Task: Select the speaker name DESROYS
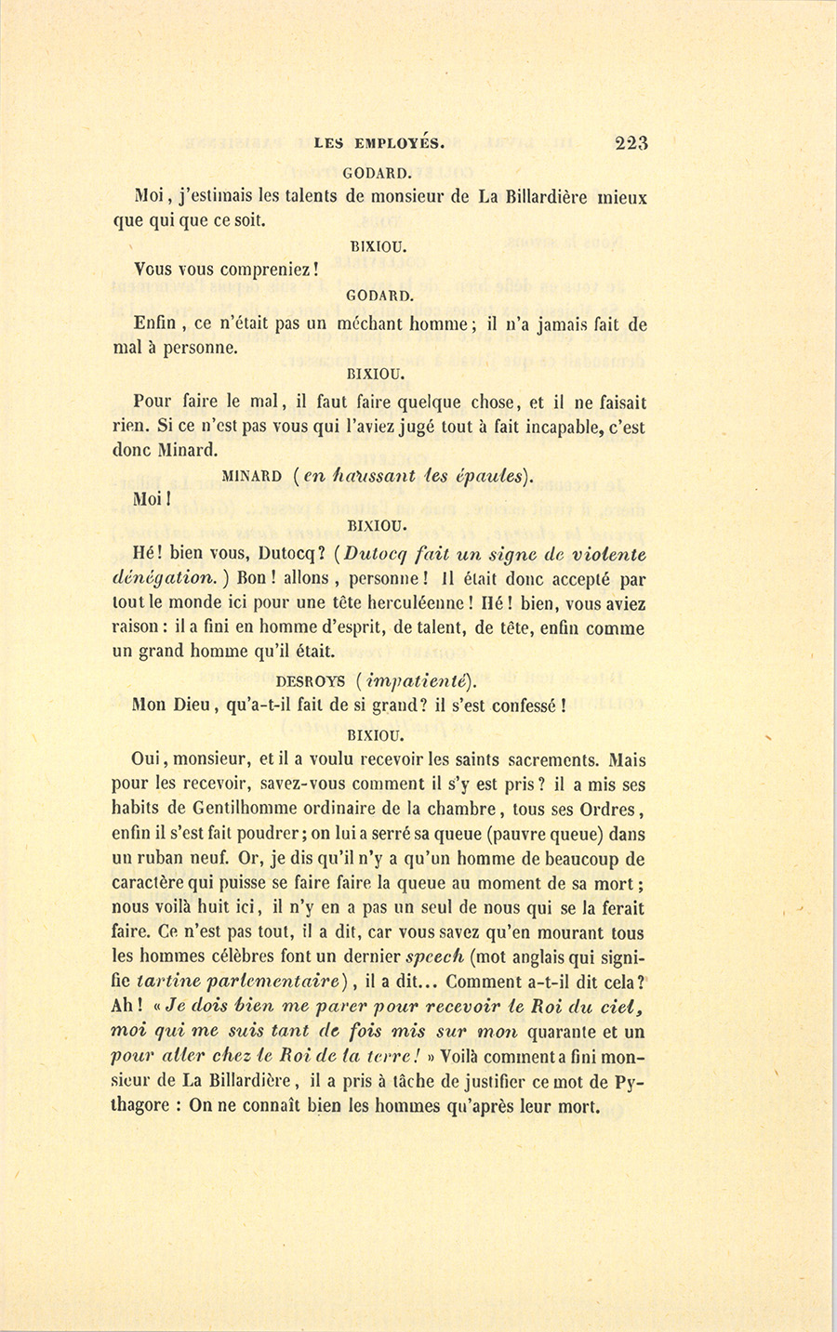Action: click(x=311, y=680)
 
